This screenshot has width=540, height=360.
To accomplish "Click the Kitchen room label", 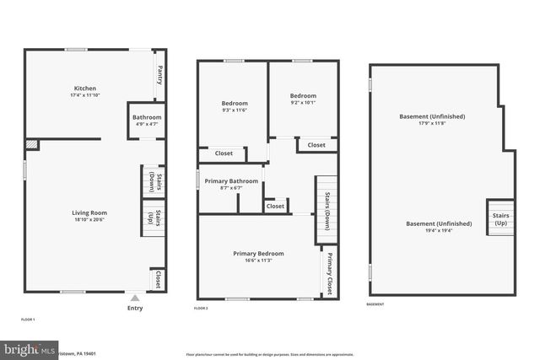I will tap(84, 89).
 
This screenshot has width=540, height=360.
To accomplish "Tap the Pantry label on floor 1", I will tap(160, 77).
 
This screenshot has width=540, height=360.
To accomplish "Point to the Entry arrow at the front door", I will tap(134, 298).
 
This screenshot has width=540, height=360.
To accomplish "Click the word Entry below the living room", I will tap(134, 309).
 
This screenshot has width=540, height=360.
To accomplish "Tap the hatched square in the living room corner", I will tap(31, 146).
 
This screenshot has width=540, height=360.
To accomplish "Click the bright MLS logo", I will tap(30, 349).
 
